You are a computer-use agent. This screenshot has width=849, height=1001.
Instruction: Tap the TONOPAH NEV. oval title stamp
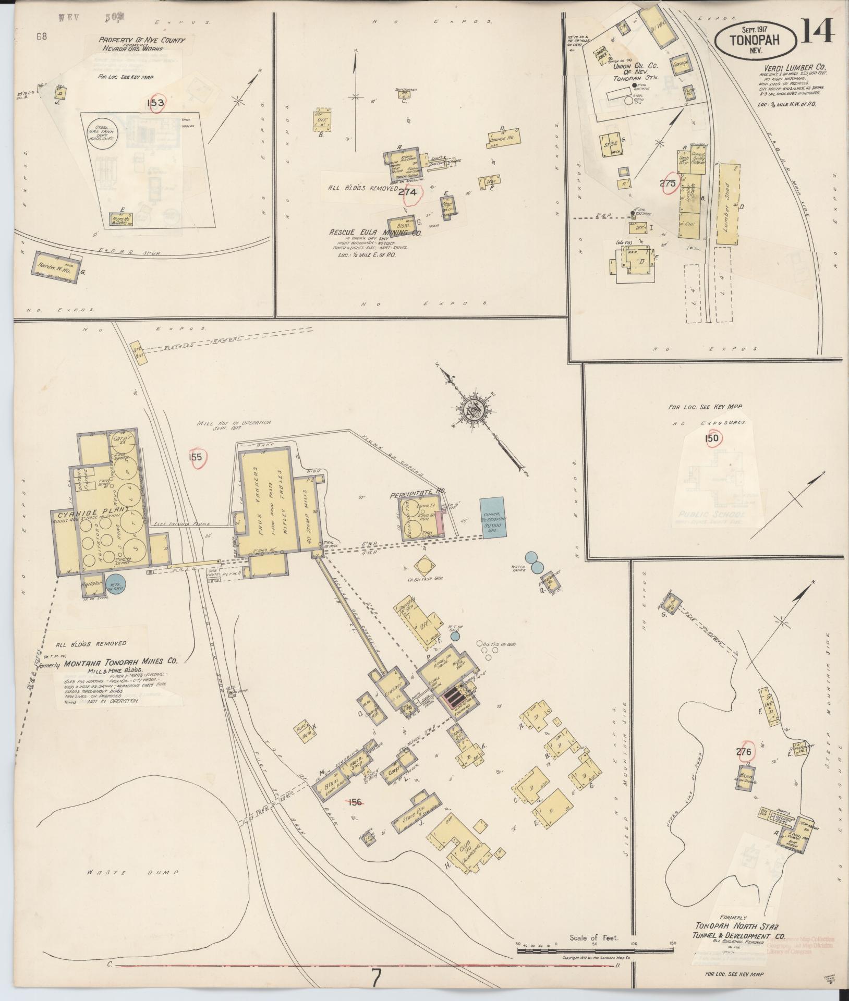point(755,38)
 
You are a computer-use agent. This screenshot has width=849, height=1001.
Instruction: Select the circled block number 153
point(155,103)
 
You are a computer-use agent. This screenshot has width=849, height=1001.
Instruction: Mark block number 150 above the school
point(712,438)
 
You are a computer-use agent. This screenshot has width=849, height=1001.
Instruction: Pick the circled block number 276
point(744,752)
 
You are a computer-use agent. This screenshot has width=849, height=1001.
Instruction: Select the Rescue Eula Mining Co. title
point(375,234)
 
